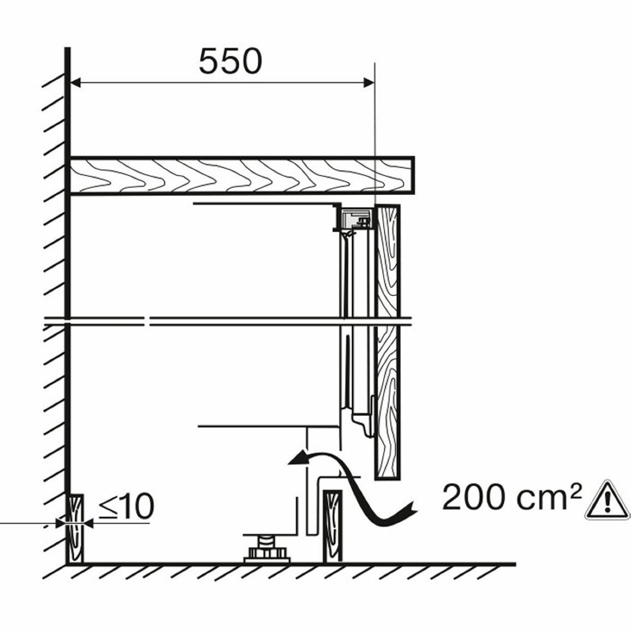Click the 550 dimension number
tap(230, 62)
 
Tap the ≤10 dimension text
tap(126, 506)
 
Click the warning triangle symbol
tap(608, 499)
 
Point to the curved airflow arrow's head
tap(298, 459)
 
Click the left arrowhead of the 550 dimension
tap(75, 83)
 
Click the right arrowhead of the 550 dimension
tap(369, 83)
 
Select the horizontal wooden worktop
tap(241, 175)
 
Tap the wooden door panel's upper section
tap(387, 261)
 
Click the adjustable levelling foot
tap(266, 548)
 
